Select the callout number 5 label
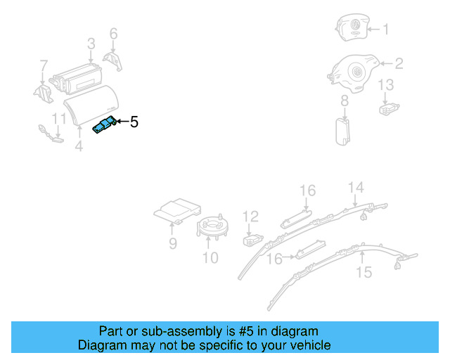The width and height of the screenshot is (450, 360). [134, 122]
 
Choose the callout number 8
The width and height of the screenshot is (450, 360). [345, 102]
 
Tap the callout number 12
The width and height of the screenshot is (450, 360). [251, 217]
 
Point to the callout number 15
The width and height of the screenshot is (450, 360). [364, 272]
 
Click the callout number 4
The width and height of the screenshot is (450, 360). [79, 146]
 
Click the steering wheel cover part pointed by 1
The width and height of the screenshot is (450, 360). [351, 29]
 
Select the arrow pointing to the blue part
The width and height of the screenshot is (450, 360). [122, 122]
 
